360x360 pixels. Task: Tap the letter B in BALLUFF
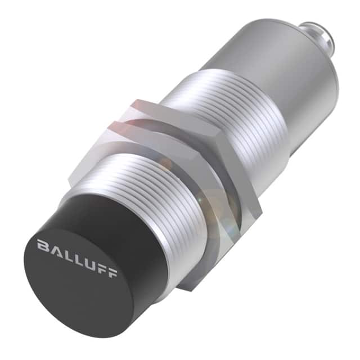click(42, 245)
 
